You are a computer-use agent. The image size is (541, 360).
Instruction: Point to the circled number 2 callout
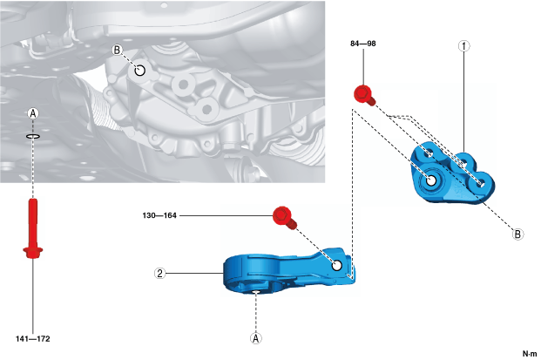[159, 273]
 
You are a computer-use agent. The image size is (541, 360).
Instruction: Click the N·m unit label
[529, 353]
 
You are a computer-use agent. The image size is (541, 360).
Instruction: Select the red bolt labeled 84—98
[362, 93]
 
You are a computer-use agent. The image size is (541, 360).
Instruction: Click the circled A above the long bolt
[33, 113]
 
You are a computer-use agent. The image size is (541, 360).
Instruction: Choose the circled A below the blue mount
[255, 336]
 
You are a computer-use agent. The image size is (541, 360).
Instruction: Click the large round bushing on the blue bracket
[431, 181]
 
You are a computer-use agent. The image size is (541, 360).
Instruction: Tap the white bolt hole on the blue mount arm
[336, 262]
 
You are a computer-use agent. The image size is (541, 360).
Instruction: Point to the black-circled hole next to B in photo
[139, 69]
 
